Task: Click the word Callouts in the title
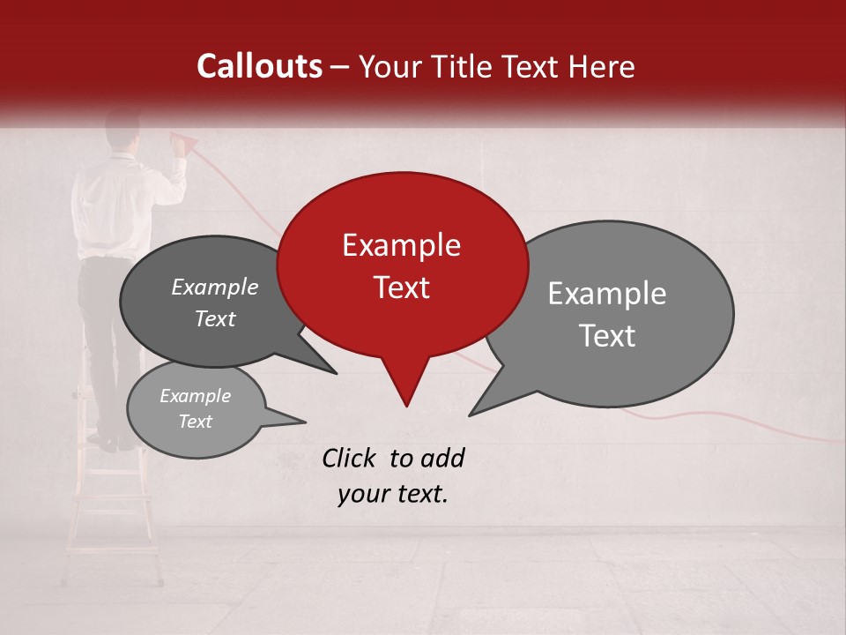pos(259,66)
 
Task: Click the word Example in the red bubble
pos(401,245)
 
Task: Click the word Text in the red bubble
pos(401,288)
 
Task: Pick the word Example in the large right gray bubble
pos(606,294)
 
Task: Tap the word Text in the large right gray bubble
pos(606,336)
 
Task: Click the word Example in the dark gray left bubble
pos(214,288)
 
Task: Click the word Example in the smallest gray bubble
pos(195,396)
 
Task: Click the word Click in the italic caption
pos(350,458)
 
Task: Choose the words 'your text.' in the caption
pos(392,494)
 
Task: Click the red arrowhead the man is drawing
pos(184,139)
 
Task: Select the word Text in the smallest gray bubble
pos(195,422)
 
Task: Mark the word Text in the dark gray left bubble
pos(214,319)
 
